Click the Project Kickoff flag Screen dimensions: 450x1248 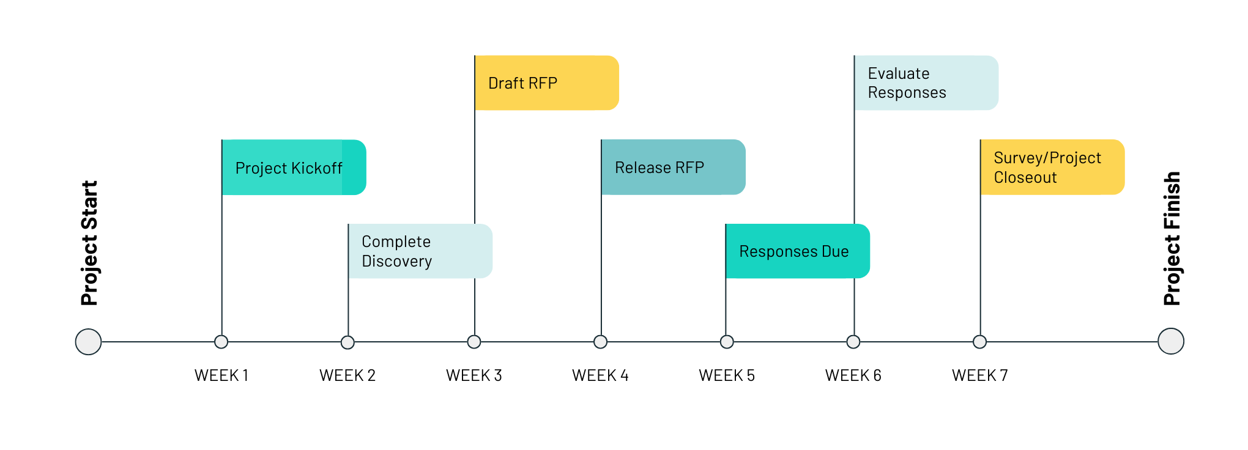point(294,168)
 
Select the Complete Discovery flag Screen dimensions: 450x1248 point(420,251)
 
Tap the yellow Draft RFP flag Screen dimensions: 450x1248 point(546,83)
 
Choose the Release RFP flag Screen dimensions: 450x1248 point(673,168)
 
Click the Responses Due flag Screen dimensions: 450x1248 point(797,251)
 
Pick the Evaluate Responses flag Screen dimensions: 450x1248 point(926,83)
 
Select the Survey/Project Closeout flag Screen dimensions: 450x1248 point(1052,168)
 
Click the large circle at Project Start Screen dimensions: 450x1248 point(88,342)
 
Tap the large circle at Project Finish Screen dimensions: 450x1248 point(1171,341)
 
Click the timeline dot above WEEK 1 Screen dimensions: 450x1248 point(221,342)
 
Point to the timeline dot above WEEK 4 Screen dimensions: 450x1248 point(601,342)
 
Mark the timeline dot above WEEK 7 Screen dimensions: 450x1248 point(980,342)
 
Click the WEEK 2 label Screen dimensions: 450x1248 point(347,375)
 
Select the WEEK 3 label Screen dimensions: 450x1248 point(474,375)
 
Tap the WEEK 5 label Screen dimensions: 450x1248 point(727,375)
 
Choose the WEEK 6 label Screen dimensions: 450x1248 point(853,375)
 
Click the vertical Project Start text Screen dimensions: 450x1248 point(89,243)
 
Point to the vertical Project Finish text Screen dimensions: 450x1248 point(1172,238)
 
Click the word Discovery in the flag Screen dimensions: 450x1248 point(397,262)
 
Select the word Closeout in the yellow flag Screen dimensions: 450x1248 point(1025,178)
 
